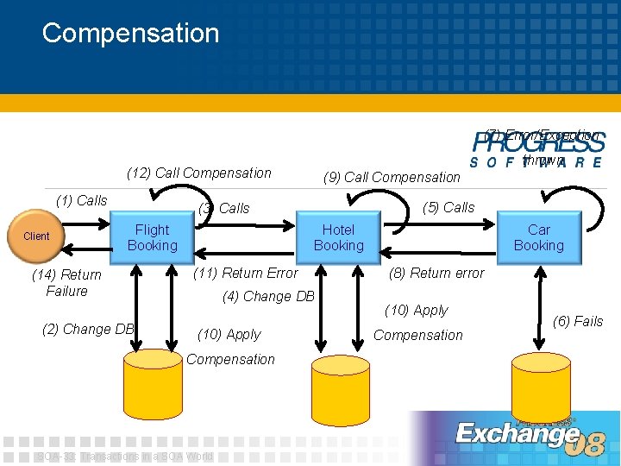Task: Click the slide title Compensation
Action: (130, 33)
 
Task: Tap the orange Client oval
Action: (36, 236)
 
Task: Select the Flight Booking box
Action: (153, 237)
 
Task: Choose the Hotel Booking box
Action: (338, 237)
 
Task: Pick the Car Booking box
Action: (538, 237)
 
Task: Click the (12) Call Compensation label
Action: (198, 173)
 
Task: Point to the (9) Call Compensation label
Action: (392, 177)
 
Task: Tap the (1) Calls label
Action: (81, 200)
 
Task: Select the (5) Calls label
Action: (448, 207)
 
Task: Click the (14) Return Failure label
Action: (66, 283)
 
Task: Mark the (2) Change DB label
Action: (87, 329)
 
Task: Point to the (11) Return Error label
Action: (245, 273)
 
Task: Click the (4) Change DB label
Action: (268, 296)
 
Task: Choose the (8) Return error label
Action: (436, 273)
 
